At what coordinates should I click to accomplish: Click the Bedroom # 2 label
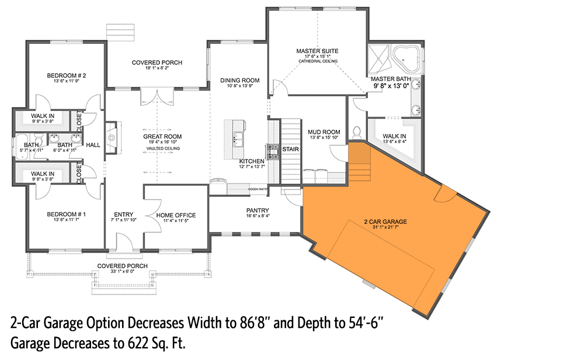tap(67, 75)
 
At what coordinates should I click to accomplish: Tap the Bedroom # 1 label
tap(67, 214)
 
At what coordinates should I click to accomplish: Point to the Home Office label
tap(176, 215)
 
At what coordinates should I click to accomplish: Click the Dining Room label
tap(239, 80)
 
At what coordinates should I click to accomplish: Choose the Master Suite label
tap(317, 51)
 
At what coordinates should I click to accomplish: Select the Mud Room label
tap(324, 132)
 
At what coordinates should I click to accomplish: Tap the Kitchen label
tap(252, 161)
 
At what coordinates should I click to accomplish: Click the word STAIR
tap(290, 148)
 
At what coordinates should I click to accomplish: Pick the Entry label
tap(124, 214)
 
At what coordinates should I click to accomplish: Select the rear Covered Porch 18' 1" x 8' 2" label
tap(157, 63)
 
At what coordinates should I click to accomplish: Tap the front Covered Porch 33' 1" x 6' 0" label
tap(122, 266)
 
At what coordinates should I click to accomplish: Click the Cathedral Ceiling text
tap(317, 61)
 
